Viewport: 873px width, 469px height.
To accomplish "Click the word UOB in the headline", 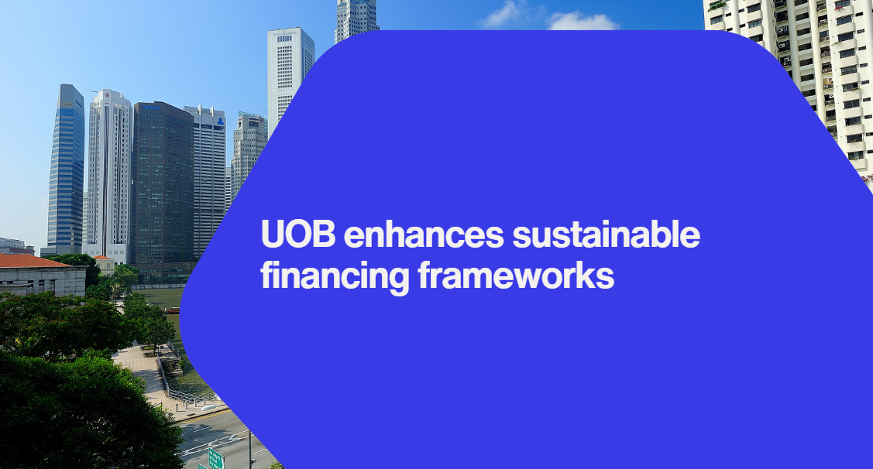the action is coord(298,234).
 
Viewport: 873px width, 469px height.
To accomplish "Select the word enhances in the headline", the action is coord(424,234).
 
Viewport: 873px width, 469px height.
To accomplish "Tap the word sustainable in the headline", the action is coord(606,234).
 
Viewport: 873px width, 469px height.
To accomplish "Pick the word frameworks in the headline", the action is coord(516,276).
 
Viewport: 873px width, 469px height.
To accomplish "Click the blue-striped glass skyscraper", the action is coord(66,169).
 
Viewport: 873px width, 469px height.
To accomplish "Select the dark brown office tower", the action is coord(163,189).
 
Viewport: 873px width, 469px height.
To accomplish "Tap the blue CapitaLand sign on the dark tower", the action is coord(150,108).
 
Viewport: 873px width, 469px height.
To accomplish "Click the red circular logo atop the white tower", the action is coord(106,95).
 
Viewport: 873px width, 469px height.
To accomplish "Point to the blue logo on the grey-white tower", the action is coord(221,121).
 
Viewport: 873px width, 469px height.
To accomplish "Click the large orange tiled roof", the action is coord(33,260).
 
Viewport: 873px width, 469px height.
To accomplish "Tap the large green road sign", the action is coord(216,459).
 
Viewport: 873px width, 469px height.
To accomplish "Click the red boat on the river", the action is coord(174,310).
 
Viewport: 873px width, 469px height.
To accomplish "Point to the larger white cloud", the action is coord(583,21).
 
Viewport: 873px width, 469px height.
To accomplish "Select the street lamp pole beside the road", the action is coord(250,450).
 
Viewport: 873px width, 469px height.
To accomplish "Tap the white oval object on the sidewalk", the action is coord(208,407).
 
